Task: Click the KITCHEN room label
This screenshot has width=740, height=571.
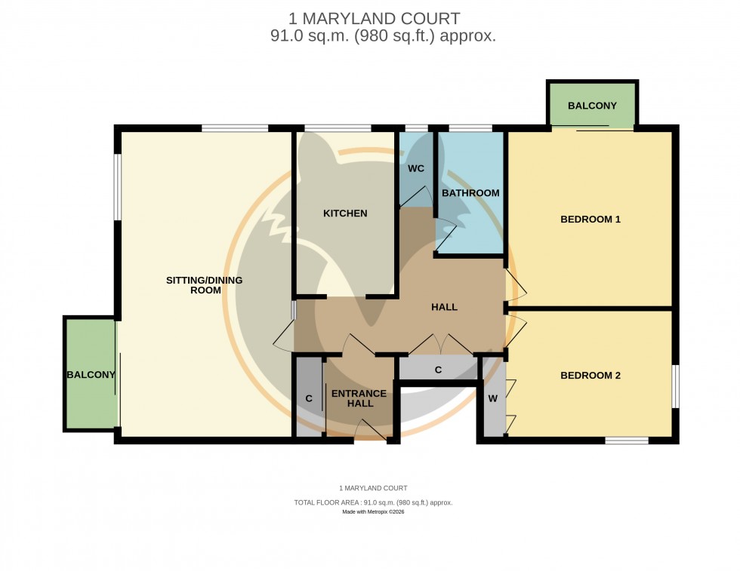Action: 345,213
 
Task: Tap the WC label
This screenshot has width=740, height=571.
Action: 416,168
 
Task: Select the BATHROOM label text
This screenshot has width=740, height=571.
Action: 470,193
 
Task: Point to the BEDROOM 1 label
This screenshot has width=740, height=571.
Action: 590,219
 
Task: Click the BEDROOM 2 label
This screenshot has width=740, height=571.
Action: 590,375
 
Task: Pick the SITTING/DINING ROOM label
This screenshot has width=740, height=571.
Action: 205,285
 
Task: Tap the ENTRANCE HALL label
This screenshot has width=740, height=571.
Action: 359,398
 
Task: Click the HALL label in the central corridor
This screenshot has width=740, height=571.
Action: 444,307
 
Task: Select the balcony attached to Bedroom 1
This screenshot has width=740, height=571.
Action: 592,106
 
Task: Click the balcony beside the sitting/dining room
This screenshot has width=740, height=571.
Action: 91,375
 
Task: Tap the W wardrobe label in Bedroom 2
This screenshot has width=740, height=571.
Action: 492,398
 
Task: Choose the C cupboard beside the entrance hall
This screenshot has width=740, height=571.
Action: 308,398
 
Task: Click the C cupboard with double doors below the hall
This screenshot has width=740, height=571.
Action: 438,370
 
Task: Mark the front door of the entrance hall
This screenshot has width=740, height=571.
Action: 369,433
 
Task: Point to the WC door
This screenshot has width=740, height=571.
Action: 412,198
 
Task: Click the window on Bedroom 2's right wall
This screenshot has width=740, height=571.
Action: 674,386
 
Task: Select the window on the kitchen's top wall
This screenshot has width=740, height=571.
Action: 337,128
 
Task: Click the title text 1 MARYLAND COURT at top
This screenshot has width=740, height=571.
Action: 374,18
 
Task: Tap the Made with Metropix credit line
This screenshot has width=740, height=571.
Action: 373,512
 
